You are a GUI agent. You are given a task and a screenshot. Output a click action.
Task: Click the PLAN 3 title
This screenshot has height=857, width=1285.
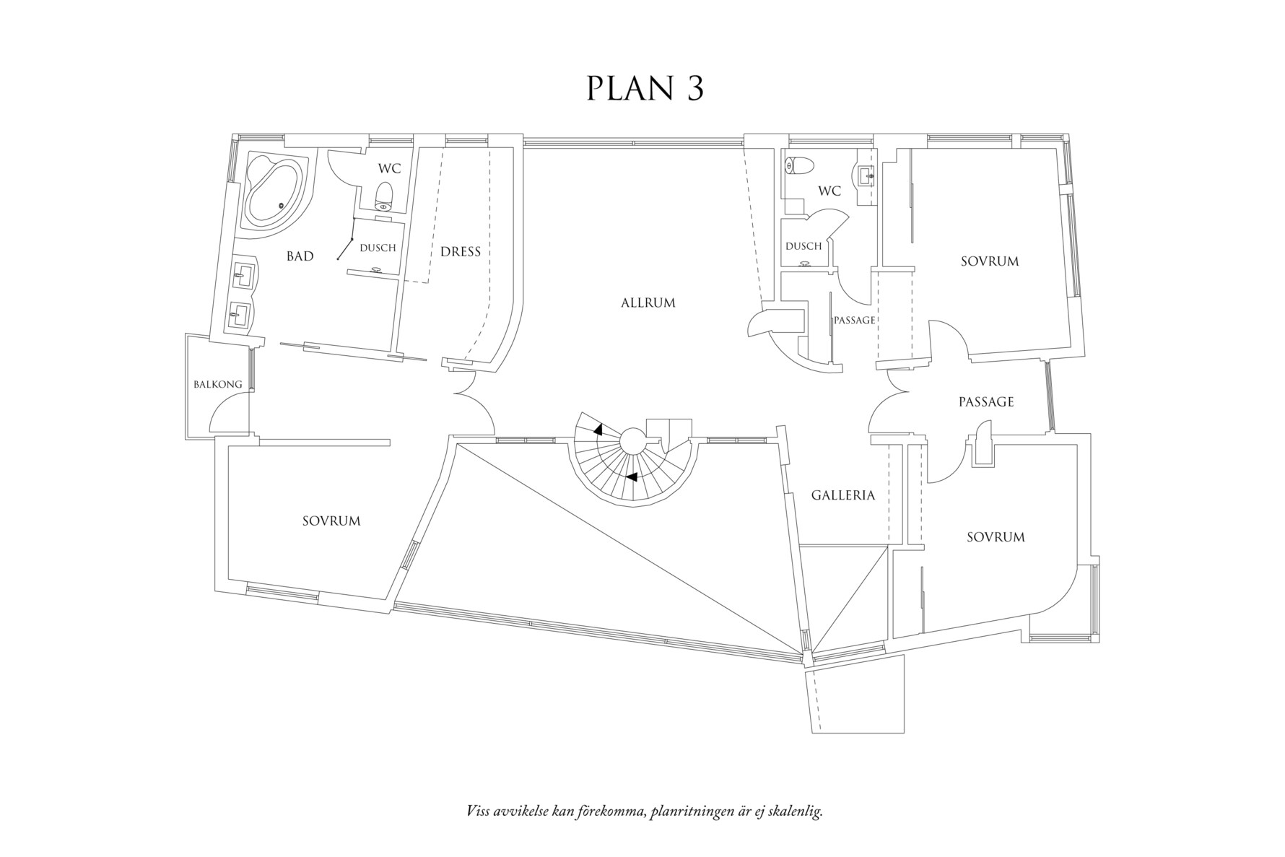(645, 88)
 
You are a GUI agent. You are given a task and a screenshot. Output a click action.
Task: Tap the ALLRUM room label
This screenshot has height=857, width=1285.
(648, 303)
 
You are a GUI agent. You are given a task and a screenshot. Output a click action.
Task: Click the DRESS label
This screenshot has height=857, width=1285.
(461, 252)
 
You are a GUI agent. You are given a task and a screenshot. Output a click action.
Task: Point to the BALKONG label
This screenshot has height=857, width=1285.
(218, 385)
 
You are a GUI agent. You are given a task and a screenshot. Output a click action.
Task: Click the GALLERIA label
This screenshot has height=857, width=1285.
(842, 495)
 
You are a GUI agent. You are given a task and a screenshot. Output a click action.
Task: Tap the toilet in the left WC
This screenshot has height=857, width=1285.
(384, 195)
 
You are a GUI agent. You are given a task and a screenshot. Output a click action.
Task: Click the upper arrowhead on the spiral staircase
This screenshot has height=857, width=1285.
(598, 429)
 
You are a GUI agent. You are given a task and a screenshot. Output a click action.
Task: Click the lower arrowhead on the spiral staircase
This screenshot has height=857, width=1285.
(632, 477)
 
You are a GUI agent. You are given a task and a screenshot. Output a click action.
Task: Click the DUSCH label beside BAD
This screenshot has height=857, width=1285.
(378, 248)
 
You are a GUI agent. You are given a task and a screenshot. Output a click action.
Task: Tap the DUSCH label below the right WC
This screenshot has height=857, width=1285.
(803, 246)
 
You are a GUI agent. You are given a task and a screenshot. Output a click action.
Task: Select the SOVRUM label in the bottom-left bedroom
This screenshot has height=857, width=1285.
(331, 521)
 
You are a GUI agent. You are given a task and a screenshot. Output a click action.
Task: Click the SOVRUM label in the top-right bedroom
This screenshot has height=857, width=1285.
(990, 261)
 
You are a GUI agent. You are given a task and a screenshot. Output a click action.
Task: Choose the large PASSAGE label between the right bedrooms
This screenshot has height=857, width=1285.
(986, 402)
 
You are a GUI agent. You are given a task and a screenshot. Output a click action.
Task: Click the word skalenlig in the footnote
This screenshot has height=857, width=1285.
(796, 812)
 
